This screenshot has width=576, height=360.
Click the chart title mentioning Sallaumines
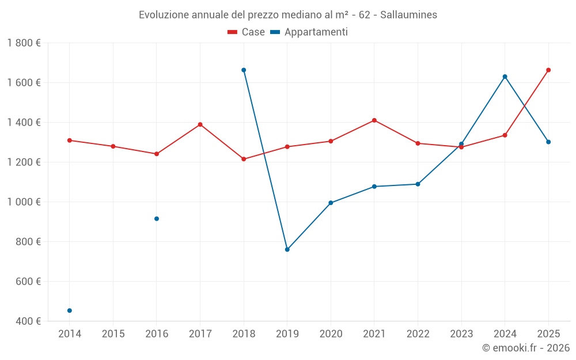coord(288,14)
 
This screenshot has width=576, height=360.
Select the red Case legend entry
coord(247,32)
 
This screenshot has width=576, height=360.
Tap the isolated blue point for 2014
coord(70,310)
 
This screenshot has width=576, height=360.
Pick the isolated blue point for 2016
coord(157,219)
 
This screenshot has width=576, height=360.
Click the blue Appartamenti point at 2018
coord(244,70)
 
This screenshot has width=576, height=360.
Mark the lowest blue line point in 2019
coord(287,249)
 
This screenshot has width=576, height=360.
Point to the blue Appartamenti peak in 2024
coord(505,77)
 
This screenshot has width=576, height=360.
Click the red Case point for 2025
coord(548,70)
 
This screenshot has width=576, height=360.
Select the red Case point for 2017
coord(200,124)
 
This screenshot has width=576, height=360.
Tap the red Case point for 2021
coord(374,120)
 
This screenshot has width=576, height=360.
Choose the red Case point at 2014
coord(70,141)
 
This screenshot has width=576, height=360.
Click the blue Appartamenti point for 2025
coord(548,142)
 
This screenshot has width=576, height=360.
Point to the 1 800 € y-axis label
coord(24,43)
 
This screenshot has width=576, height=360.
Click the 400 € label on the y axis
coord(28,321)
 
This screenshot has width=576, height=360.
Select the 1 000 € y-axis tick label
coord(24,202)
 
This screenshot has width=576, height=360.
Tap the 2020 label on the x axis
coord(331,334)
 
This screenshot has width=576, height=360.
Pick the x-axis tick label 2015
coord(113,334)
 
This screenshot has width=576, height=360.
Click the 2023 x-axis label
coord(461,334)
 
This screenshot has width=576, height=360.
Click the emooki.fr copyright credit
coord(525,348)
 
